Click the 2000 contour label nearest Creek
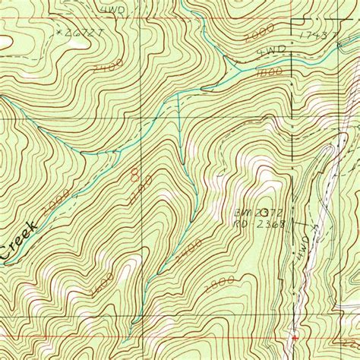58,199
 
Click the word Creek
17,242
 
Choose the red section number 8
134,175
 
